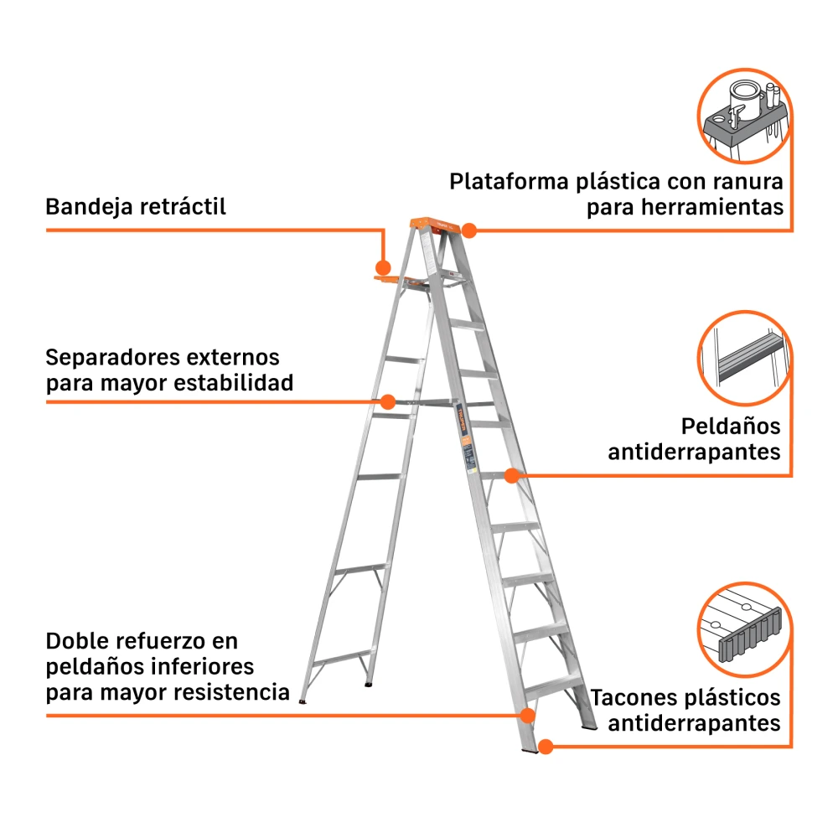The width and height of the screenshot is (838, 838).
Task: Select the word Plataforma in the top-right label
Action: [x=509, y=182]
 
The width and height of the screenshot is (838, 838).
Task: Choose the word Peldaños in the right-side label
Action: [x=731, y=427]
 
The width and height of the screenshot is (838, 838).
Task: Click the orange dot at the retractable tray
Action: [x=383, y=267]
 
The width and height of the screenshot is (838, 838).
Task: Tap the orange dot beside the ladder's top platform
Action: [x=468, y=230]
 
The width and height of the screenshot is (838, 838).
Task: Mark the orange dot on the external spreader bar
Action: [x=387, y=402]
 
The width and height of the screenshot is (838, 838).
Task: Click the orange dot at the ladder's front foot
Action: [x=546, y=747]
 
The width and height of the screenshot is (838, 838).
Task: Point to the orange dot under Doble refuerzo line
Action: [x=527, y=716]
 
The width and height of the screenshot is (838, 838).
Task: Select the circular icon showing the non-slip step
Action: [x=744, y=358]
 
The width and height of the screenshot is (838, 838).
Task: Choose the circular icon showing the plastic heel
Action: [x=744, y=629]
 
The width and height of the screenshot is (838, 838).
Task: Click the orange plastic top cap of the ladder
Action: [x=435, y=224]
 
